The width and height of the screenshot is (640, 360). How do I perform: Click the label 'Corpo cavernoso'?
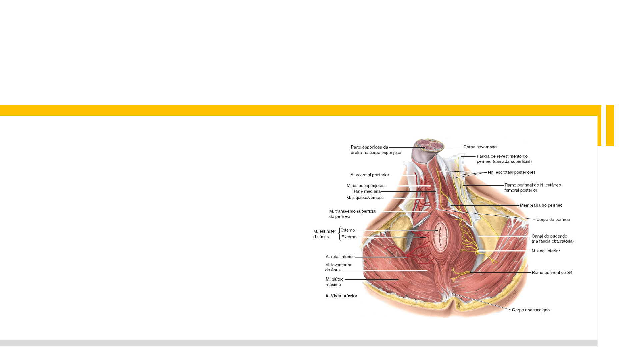tap(480, 147)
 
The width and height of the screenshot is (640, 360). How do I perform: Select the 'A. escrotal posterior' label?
tap(370, 175)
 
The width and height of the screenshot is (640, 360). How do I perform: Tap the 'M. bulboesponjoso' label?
tap(365, 186)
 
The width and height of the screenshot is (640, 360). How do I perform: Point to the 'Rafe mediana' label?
tap(367, 191)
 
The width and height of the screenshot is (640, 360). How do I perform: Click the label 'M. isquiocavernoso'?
tap(365, 198)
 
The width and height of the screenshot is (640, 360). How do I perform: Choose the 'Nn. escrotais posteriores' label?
tap(511, 172)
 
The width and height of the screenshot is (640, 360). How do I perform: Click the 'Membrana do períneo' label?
tap(541, 205)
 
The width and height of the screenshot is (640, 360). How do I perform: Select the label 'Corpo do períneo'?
tap(553, 220)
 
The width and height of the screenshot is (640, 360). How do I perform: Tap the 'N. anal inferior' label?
tap(545, 251)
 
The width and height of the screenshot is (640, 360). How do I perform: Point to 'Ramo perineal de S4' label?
tap(552, 273)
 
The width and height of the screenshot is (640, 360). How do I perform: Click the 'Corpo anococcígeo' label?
tap(531, 310)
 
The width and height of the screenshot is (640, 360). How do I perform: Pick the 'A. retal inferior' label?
tap(340, 257)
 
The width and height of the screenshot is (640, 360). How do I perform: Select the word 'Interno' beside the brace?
tap(348, 230)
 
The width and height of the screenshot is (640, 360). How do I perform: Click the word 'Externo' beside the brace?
tap(349, 237)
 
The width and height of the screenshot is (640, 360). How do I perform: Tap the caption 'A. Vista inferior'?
tap(341, 296)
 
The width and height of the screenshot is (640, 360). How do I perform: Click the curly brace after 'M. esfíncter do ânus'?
tap(339, 234)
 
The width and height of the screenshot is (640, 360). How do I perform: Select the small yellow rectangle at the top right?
tap(610, 125)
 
